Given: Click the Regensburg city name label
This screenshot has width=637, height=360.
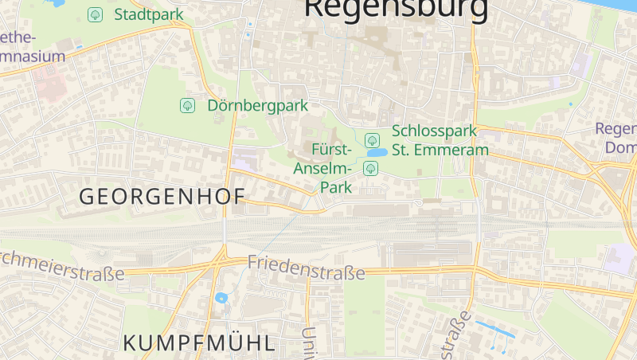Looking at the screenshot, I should click(x=396, y=8).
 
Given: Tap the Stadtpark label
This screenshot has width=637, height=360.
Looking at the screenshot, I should click(x=149, y=14).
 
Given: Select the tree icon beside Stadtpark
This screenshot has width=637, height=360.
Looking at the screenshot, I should click(x=95, y=14).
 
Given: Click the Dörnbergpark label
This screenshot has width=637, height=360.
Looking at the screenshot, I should click(x=257, y=105).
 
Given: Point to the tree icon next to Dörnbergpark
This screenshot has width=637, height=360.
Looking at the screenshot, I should click(x=187, y=105).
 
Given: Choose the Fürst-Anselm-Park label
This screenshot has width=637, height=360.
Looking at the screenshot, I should click(x=324, y=168).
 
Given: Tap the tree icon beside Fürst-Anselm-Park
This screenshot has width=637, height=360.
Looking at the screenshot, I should click(x=370, y=168).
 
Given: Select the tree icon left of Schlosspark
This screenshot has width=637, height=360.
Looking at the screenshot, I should click(x=371, y=140).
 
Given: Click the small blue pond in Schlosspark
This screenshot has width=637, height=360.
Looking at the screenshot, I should click(x=377, y=152).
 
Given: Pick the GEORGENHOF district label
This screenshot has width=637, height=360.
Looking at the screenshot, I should click(x=162, y=196).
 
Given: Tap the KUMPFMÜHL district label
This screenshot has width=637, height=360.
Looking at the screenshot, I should click(x=199, y=343).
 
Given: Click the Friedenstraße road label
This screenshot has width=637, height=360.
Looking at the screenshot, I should click(x=306, y=267).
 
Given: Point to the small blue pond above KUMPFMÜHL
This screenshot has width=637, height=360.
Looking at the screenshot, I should click(x=221, y=299).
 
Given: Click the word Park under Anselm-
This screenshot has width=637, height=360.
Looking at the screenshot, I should click(x=335, y=188).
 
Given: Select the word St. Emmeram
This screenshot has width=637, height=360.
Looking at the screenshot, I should click(x=440, y=149).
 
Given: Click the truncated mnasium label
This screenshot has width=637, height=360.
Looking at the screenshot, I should click(x=32, y=57).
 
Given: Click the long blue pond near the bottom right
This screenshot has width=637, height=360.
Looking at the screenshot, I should click(x=494, y=328).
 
